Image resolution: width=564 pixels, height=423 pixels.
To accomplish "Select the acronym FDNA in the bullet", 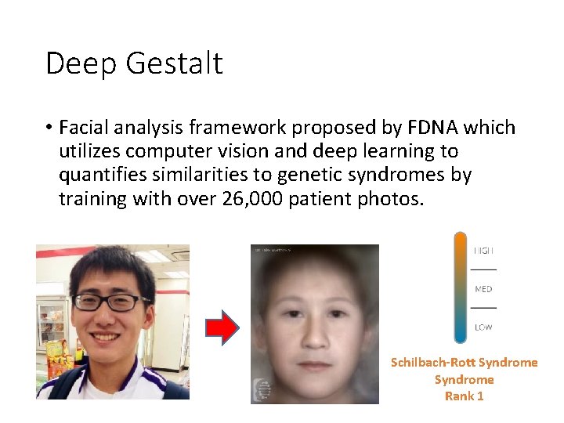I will [430, 127].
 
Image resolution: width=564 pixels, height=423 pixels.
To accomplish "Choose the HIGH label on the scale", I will [483, 251].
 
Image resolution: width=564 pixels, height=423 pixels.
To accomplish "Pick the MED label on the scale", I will [483, 289].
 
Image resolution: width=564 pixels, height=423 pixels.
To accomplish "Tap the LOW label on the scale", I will [483, 327].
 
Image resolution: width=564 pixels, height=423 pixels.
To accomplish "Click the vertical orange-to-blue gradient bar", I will [460, 287].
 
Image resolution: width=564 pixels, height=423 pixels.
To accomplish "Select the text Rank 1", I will [464, 396].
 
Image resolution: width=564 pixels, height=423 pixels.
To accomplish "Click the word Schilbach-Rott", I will [432, 363].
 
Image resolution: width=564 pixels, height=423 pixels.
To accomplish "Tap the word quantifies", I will [99, 175].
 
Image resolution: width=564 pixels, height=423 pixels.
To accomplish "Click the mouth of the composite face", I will [315, 365].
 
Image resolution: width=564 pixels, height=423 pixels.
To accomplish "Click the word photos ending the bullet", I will [396, 198].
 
